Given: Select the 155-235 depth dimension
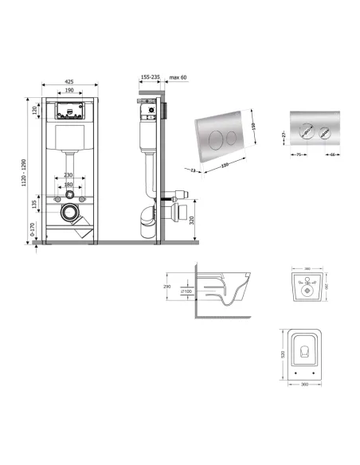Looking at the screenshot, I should click(149, 77).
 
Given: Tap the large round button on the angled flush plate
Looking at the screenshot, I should click(213, 135).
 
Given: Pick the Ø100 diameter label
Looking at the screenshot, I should click(186, 291).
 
